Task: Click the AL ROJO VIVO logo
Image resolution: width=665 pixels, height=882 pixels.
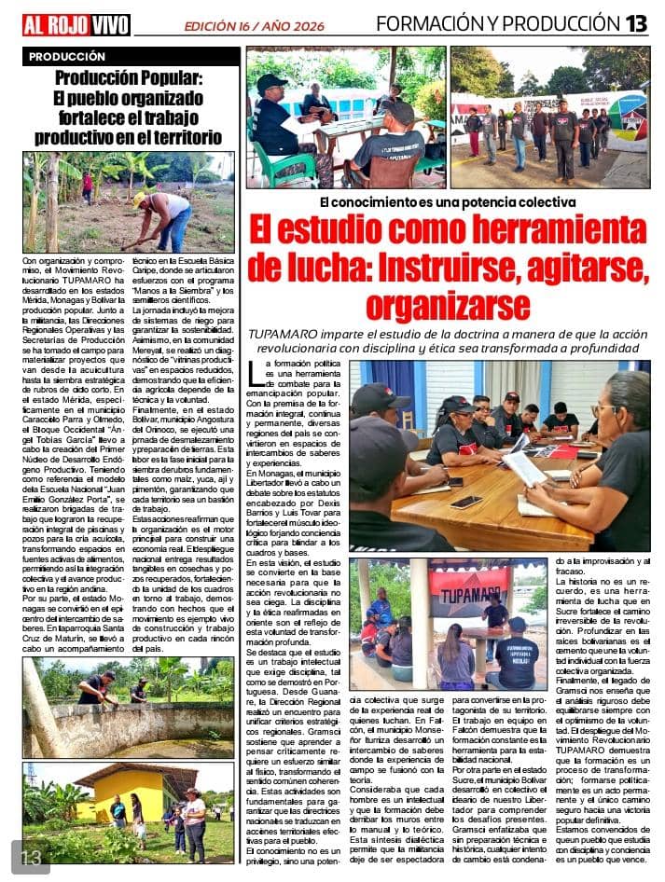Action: point(76,24)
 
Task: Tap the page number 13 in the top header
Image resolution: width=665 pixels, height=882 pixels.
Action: point(636,23)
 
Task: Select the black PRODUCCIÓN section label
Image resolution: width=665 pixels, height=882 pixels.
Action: point(67,57)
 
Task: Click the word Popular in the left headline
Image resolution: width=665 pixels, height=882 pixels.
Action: point(178,79)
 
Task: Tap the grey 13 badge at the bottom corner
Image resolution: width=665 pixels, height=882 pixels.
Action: point(29,857)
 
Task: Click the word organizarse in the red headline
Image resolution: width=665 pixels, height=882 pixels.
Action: point(447,305)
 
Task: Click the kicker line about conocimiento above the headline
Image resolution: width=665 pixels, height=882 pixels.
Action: point(447,201)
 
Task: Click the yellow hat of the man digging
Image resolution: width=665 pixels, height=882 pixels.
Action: point(139,199)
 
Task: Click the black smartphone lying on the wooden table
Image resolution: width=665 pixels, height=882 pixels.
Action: point(465,501)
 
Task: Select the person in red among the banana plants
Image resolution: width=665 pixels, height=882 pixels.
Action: point(87,186)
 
